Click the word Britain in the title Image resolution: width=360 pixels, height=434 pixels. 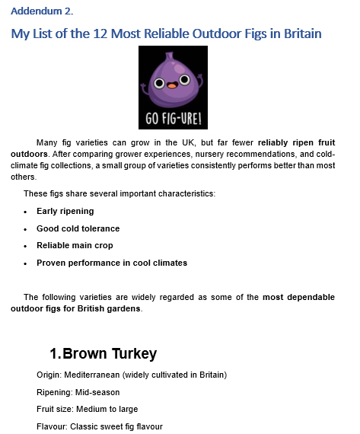(297, 34)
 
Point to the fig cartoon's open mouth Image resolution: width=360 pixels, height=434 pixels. (173, 86)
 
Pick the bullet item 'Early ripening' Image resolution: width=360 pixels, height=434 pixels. (65, 211)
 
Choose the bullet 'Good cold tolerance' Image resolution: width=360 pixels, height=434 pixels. (78, 228)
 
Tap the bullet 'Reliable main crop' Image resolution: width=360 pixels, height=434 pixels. (76, 245)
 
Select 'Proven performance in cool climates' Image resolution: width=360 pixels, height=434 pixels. (111, 263)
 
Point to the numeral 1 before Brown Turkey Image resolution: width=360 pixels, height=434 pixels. (54, 353)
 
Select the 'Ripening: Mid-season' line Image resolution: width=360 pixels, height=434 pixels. (78, 392)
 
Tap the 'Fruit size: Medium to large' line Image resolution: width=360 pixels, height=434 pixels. (87, 409)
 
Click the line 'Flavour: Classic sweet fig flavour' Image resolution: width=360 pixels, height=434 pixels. (99, 426)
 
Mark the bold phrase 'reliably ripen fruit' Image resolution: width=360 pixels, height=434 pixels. (296, 142)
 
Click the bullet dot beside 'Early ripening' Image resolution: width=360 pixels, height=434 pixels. (26, 212)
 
